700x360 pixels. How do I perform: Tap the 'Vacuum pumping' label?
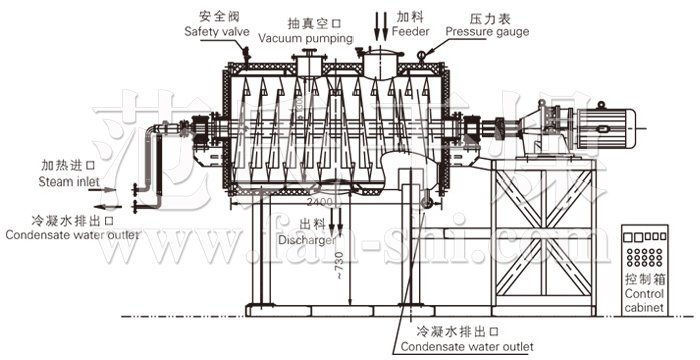tap(306, 38)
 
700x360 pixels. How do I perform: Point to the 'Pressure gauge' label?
tap(487, 32)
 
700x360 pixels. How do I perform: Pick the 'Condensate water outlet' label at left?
tap(69, 236)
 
